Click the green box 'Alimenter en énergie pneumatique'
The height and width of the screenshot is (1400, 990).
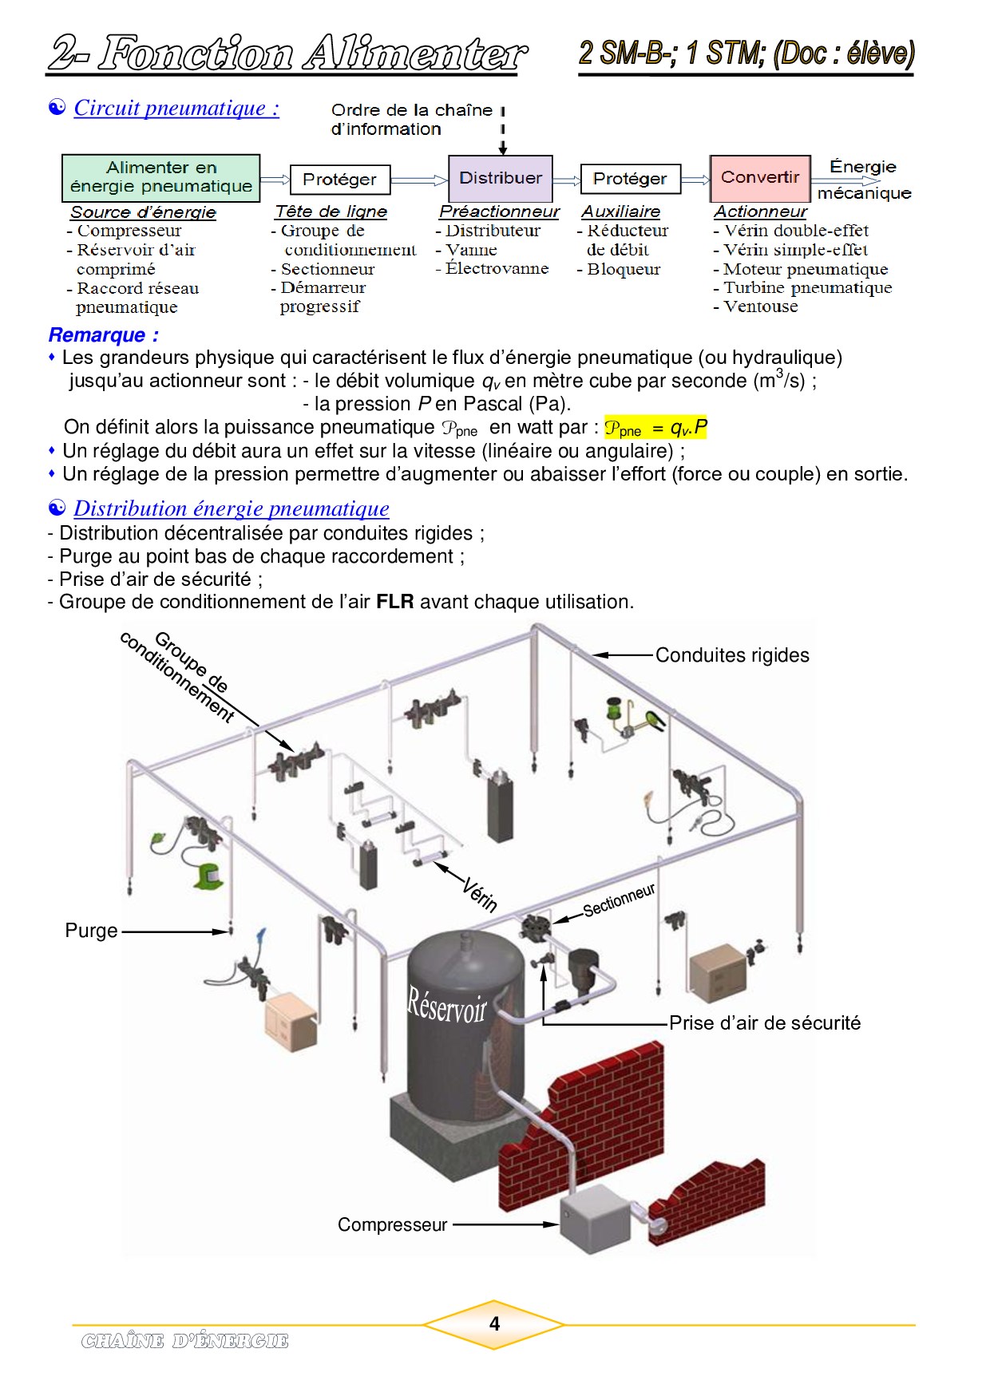[160, 177]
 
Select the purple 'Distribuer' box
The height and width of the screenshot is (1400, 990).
[500, 178]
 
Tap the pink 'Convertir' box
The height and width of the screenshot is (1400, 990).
[759, 178]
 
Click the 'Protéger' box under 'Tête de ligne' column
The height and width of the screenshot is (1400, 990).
[339, 180]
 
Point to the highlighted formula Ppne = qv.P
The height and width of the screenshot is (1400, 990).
[655, 429]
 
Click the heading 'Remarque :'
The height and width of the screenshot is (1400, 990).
[104, 335]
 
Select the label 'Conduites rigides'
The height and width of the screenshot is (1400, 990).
[732, 655]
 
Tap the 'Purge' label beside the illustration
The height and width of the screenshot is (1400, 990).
[91, 931]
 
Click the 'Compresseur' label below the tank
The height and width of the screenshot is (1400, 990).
[392, 1224]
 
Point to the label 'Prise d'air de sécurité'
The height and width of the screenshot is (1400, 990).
[765, 1023]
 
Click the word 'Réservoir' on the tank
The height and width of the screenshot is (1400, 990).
[446, 1006]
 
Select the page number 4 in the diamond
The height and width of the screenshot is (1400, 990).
[494, 1324]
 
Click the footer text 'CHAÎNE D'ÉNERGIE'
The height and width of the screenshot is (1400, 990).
[184, 1341]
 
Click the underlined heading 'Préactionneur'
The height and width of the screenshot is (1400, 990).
[499, 212]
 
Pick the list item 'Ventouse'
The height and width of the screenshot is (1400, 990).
[760, 306]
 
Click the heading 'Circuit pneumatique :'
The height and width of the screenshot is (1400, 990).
[176, 109]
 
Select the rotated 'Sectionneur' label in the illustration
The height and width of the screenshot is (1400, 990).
[619, 901]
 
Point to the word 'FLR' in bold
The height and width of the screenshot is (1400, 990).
[395, 602]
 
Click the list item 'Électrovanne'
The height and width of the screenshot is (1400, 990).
[497, 269]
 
